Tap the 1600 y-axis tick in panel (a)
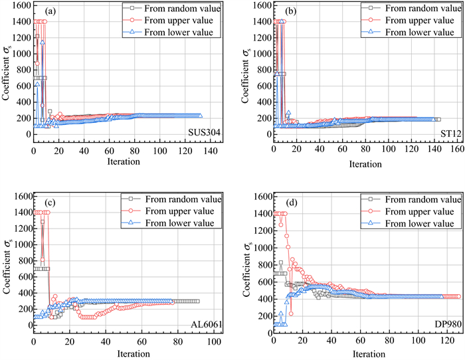click(x=20, y=5)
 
